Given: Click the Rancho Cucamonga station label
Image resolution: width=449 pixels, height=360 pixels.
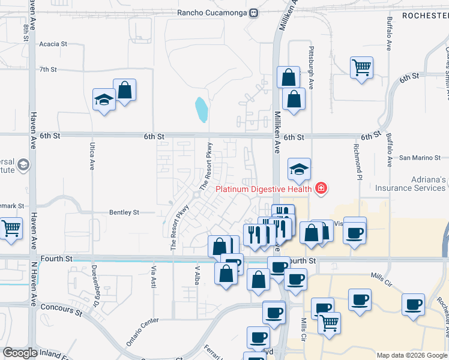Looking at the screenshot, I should click(212, 13).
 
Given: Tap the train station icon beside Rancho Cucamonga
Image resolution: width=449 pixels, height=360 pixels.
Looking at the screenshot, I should click(255, 13).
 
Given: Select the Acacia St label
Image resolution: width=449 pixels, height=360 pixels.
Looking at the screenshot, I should click(53, 44).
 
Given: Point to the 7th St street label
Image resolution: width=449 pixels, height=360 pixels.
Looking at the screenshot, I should click(47, 70).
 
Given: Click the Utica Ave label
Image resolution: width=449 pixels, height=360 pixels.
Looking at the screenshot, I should click(92, 157).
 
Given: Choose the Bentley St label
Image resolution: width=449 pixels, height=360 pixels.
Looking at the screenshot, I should click(124, 212).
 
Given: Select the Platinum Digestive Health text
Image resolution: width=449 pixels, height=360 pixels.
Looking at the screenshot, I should click(264, 189).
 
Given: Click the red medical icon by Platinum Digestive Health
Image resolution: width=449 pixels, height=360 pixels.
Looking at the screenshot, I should click(321, 189).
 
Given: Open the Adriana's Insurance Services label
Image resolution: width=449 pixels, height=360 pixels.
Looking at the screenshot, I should click(411, 184).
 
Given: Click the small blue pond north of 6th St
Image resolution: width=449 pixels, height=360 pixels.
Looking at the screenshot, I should click(202, 110).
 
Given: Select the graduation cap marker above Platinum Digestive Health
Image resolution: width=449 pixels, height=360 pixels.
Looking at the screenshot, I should click(299, 169).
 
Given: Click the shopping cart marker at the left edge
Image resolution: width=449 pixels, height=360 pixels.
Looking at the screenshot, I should click(11, 229).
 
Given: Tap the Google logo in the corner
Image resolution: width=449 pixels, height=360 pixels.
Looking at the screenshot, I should click(20, 353).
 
